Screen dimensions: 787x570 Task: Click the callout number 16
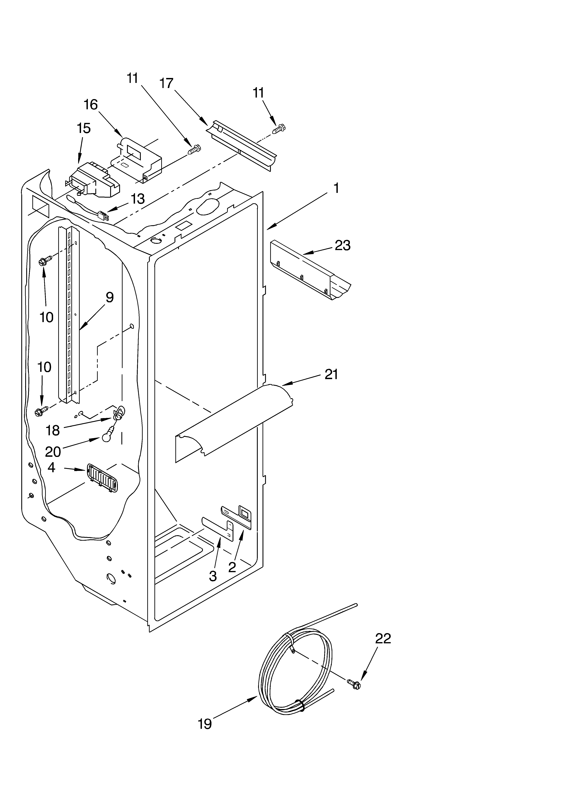tap(91, 105)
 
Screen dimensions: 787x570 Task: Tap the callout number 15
tap(84, 128)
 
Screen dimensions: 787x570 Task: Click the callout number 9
tap(109, 297)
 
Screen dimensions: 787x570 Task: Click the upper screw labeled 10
tap(45, 261)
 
